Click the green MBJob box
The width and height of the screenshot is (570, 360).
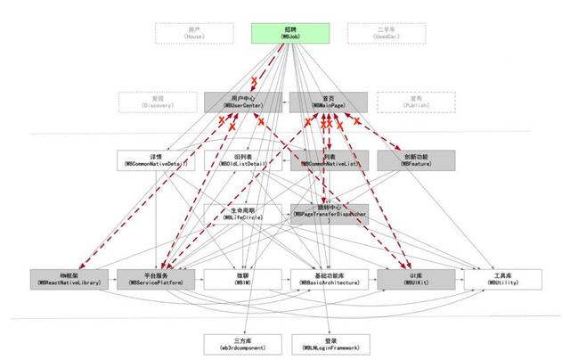pos(290,34)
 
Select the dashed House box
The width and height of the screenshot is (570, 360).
pos(193,34)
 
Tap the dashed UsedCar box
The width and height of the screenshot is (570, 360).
pos(386,34)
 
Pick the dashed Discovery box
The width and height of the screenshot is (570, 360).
pos(157,102)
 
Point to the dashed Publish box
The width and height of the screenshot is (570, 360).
pos(414,102)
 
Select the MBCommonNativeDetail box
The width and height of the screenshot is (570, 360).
pos(155,160)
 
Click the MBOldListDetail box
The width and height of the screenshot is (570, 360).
pos(241,160)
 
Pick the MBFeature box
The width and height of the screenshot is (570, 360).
pos(415,160)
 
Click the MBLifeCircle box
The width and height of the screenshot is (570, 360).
pos(241,212)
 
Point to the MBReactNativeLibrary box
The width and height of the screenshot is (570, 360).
pos(69,277)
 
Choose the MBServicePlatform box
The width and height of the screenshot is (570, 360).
pos(155,277)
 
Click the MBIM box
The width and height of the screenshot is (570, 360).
pos(241,277)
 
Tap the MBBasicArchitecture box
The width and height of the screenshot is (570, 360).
pos(328,277)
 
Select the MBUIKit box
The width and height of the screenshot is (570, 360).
pos(414,277)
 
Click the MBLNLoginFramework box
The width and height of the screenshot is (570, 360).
pos(328,343)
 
